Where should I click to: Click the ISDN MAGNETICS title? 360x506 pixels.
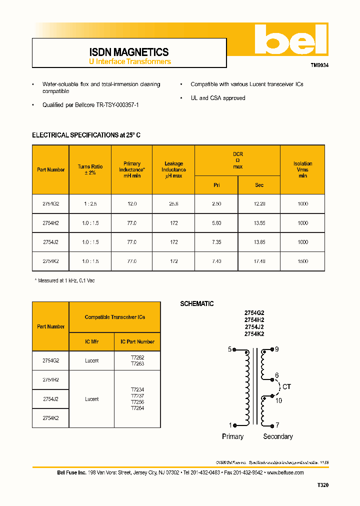pyautogui.click(x=129, y=52)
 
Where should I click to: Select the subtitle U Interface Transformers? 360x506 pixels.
pyautogui.click(x=130, y=61)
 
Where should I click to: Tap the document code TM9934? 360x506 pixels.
pyautogui.click(x=319, y=65)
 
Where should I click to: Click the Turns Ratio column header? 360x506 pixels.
pyautogui.click(x=90, y=169)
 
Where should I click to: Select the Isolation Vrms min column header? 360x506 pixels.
pyautogui.click(x=302, y=169)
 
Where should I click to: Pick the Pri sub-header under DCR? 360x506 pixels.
pyautogui.click(x=216, y=185)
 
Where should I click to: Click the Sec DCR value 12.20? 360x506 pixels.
pyautogui.click(x=259, y=204)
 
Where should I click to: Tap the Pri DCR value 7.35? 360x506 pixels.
pyautogui.click(x=216, y=242)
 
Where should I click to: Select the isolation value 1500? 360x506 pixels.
pyautogui.click(x=302, y=261)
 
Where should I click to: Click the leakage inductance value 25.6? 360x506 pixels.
pyautogui.click(x=173, y=204)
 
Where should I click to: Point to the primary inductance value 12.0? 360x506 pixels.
pyautogui.click(x=131, y=204)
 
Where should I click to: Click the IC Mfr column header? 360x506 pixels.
pyautogui.click(x=91, y=341)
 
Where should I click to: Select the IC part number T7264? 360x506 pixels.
pyautogui.click(x=137, y=408)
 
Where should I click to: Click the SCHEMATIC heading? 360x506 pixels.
pyautogui.click(x=197, y=303)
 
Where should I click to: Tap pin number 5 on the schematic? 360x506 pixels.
pyautogui.click(x=230, y=349)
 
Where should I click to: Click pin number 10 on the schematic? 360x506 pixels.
pyautogui.click(x=278, y=400)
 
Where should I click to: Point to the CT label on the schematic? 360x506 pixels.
pyautogui.click(x=286, y=386)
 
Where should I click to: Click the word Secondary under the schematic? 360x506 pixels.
pyautogui.click(x=278, y=436)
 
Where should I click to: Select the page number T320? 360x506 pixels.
pyautogui.click(x=323, y=485)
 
